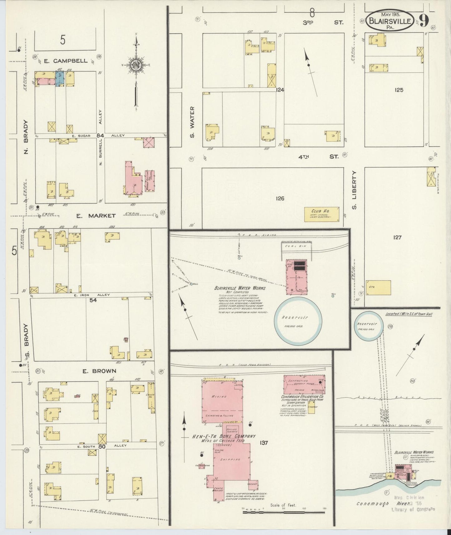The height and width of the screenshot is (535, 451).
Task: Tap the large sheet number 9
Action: click(x=424, y=20)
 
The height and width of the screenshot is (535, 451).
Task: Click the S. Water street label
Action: click(x=192, y=122)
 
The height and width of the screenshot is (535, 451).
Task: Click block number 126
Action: click(x=280, y=198)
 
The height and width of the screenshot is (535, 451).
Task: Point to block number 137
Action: click(x=264, y=442)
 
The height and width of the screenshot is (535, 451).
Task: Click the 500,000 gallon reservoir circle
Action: click(x=298, y=321)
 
